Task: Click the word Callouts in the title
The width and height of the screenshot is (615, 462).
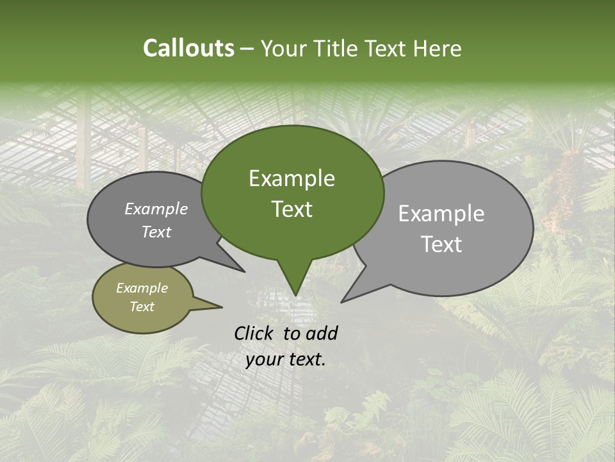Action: [x=188, y=48]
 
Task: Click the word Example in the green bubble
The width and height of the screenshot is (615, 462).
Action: [x=291, y=178]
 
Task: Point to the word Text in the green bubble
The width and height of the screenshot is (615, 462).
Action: [x=291, y=209]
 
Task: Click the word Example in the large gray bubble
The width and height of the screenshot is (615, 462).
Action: [x=441, y=214]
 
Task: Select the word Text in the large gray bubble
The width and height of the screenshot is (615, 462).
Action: [x=442, y=244]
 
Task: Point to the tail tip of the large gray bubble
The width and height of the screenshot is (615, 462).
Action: [x=343, y=301]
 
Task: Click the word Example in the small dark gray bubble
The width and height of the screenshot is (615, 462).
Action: [x=156, y=209]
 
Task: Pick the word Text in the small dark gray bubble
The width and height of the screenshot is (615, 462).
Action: [x=156, y=232]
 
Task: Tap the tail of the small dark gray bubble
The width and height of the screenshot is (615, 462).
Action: [x=242, y=270]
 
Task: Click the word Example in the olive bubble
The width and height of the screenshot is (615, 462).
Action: [x=142, y=288]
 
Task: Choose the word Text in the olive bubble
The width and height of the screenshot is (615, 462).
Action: [x=142, y=307]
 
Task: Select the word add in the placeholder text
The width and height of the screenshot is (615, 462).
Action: [x=322, y=333]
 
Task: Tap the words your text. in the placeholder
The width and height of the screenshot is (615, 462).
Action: [x=285, y=359]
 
